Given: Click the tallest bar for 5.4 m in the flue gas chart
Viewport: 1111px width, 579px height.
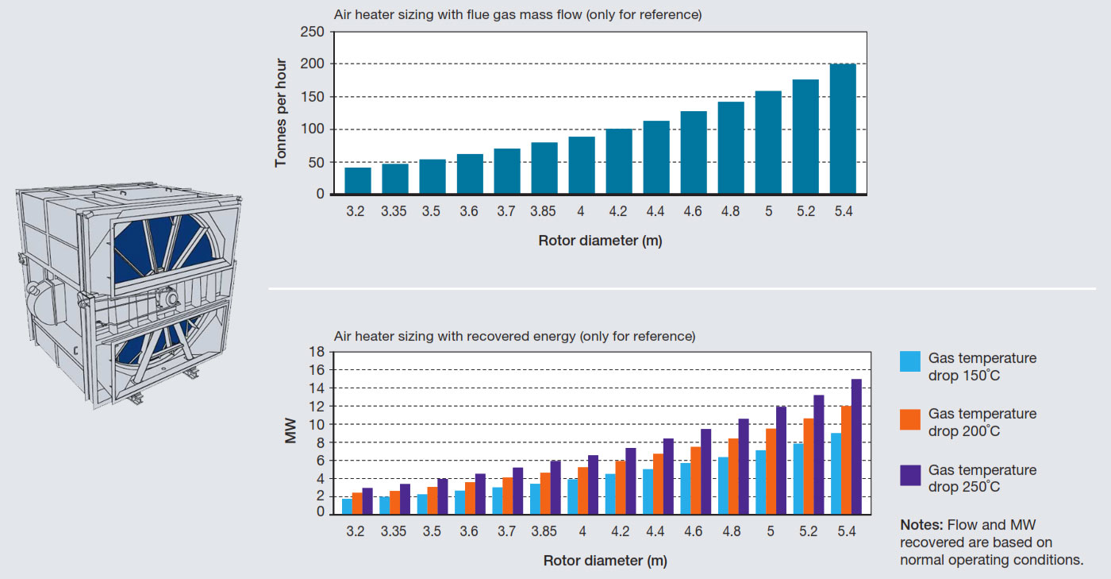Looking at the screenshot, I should (842, 129).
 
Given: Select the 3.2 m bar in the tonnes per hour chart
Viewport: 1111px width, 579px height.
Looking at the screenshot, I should (358, 180).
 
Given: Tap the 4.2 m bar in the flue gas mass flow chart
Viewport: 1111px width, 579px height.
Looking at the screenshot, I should (619, 161).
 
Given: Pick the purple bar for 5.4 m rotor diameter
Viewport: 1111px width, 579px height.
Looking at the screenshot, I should (856, 446).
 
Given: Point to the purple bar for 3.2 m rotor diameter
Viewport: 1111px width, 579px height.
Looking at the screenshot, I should (367, 500).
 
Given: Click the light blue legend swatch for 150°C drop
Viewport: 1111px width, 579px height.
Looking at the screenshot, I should (909, 361).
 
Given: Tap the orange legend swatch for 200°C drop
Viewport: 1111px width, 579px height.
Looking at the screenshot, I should (909, 418).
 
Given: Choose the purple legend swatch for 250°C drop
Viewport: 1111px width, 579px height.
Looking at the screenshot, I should (909, 474).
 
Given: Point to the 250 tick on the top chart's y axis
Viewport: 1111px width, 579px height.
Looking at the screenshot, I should (314, 32).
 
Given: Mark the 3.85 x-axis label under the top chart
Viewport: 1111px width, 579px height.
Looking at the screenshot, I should (544, 212).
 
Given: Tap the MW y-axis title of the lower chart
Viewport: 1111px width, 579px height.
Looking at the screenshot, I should (290, 433).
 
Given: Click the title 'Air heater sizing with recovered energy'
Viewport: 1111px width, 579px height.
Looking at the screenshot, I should (514, 336).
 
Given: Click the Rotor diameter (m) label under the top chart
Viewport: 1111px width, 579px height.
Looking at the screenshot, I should (600, 241).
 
